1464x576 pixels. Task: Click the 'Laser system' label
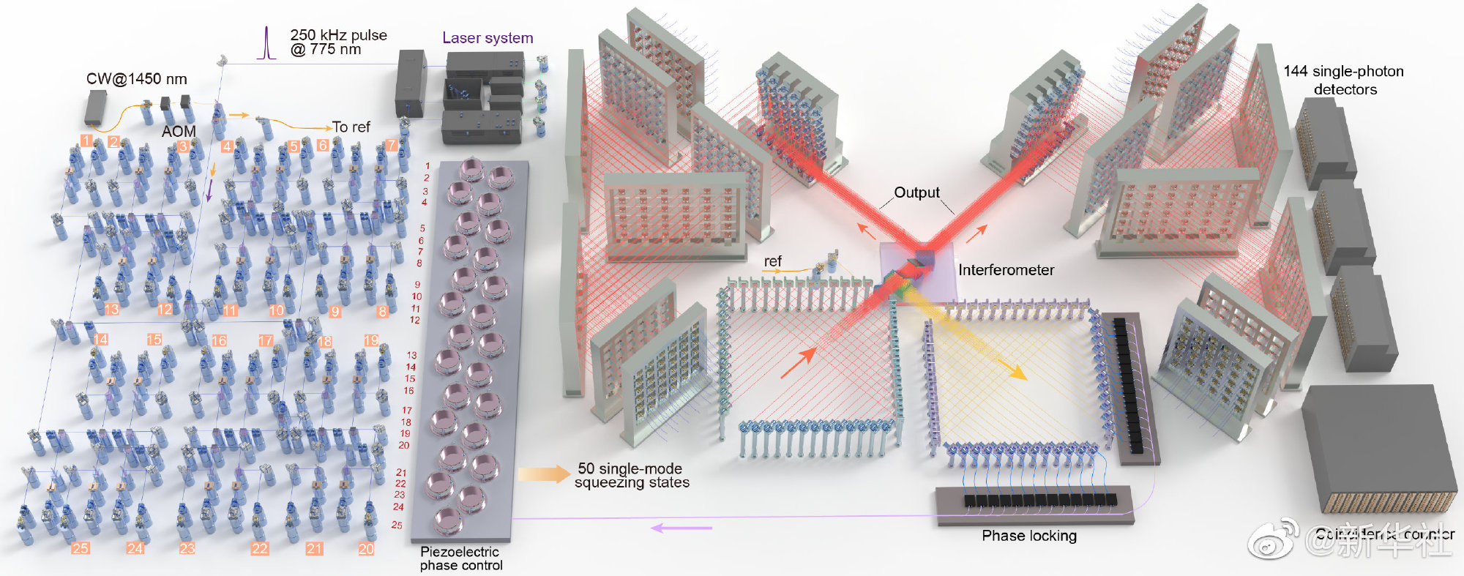(488, 38)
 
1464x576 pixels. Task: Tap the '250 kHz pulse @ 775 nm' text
(337, 42)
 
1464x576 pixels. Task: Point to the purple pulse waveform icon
(267, 43)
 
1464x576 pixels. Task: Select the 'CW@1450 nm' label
(137, 79)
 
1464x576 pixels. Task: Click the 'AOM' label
(179, 131)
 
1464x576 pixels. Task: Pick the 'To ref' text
(351, 127)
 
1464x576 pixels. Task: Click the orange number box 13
(111, 310)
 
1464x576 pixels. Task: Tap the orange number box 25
(81, 548)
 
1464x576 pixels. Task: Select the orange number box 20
(366, 548)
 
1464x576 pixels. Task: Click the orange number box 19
(371, 340)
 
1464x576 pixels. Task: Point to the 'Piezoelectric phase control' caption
(460, 558)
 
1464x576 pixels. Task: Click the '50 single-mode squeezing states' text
(632, 476)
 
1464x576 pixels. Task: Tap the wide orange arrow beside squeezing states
(544, 474)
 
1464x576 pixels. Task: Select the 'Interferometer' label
(1006, 270)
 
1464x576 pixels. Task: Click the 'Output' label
(916, 192)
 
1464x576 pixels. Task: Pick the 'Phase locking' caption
(1029, 536)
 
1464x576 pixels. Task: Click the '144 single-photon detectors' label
(1344, 81)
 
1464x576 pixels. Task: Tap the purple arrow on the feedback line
(681, 527)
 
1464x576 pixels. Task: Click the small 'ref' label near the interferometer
(772, 261)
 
